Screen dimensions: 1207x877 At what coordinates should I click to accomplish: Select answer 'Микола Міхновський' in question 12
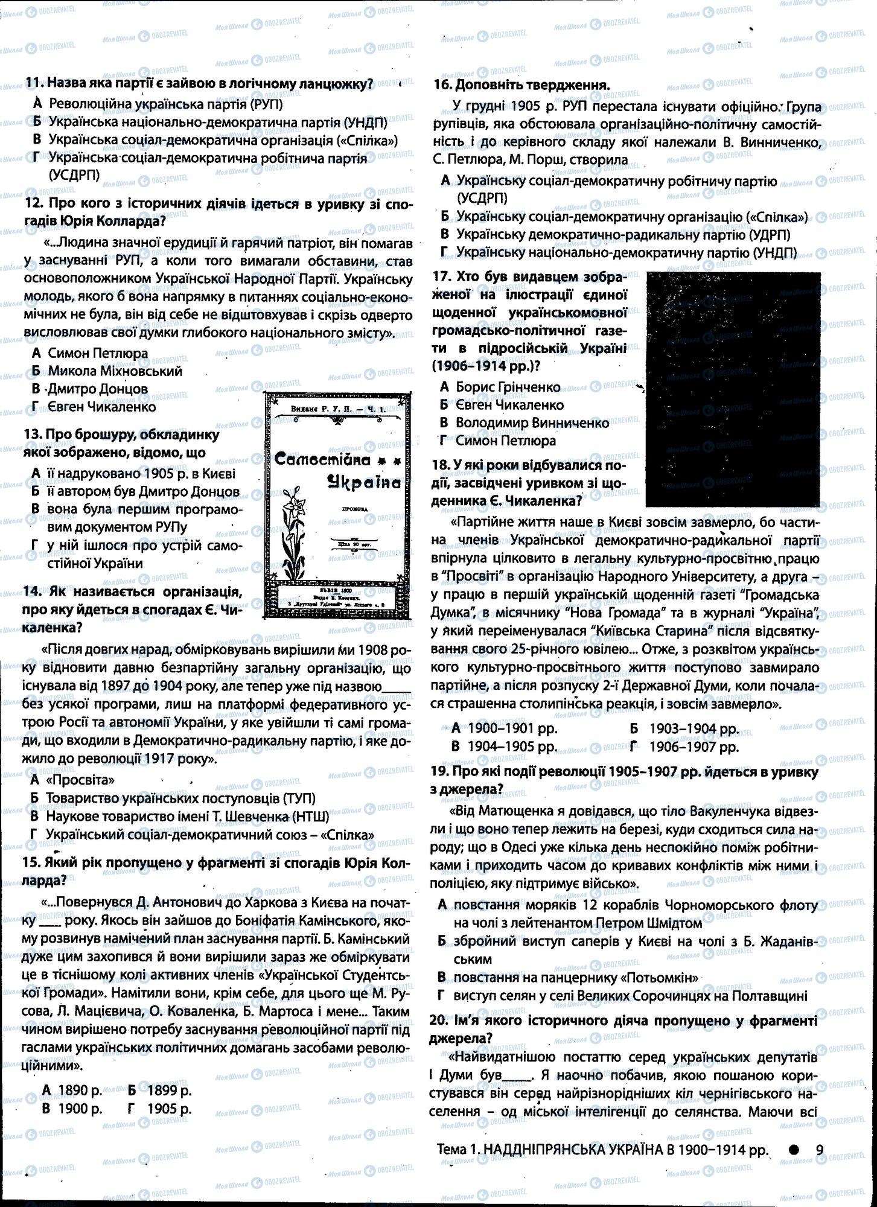[x=115, y=371]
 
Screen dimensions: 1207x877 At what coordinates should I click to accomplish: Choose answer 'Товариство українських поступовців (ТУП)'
[x=180, y=798]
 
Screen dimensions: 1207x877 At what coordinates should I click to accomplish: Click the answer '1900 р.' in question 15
[x=80, y=1109]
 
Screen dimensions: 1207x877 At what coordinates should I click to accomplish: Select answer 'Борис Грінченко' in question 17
[x=508, y=387]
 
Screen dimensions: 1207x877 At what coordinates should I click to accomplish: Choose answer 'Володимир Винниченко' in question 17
[x=532, y=422]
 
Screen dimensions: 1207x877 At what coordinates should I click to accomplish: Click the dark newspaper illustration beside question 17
[x=733, y=389]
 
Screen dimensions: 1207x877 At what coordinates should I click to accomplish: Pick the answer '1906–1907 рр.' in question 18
[x=694, y=747]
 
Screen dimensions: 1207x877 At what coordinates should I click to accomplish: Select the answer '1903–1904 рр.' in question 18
[x=694, y=728]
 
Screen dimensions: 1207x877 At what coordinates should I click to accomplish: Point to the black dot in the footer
[x=794, y=1150]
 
